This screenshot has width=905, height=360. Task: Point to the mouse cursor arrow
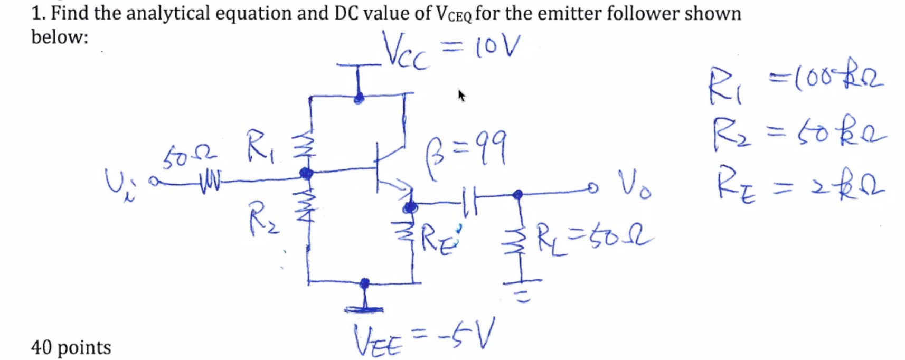tap(462, 96)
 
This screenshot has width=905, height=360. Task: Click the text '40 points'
tap(71, 347)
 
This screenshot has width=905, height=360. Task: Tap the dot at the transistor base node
tap(306, 173)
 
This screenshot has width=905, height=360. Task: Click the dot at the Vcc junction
tap(359, 98)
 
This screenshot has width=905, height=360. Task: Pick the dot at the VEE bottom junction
tap(364, 283)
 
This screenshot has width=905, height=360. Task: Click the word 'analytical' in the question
tap(168, 13)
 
